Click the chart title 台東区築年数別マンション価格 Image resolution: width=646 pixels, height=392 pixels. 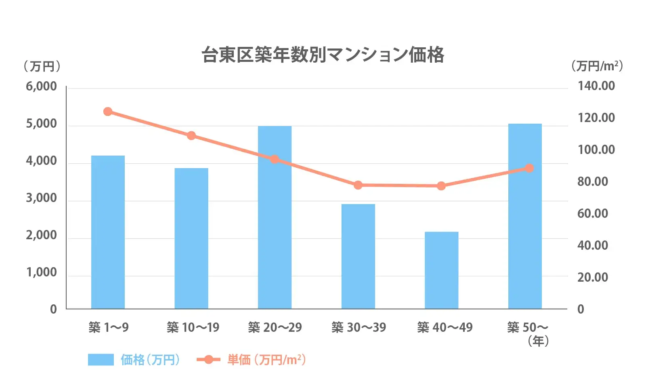(x=323, y=55)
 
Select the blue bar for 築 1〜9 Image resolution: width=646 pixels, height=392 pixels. (x=108, y=232)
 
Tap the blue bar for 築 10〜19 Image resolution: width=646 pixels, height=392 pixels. (x=191, y=238)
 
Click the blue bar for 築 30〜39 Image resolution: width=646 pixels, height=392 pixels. (x=358, y=257)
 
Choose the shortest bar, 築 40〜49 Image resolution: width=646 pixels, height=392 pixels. (x=441, y=270)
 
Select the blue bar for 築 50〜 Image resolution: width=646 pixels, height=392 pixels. (x=525, y=216)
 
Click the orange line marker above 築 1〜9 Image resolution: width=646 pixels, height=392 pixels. (x=108, y=112)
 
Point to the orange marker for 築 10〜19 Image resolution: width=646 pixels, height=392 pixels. (x=191, y=135)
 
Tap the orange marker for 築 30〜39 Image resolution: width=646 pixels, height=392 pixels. (x=358, y=185)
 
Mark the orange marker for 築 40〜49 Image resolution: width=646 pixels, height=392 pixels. (x=441, y=186)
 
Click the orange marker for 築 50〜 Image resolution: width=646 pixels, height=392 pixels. (x=529, y=168)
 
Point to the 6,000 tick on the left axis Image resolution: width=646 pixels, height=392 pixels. (x=41, y=86)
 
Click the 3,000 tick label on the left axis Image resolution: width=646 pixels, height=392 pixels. (x=41, y=198)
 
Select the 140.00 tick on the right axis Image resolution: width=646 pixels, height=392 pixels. (x=596, y=86)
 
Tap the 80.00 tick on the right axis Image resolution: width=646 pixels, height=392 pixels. (x=592, y=181)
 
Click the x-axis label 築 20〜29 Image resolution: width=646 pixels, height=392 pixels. (x=275, y=327)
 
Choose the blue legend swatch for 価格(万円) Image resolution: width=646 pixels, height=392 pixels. (x=101, y=359)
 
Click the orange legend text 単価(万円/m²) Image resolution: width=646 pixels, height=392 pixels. (x=266, y=359)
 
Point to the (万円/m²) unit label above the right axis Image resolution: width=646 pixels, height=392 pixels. (x=597, y=66)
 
